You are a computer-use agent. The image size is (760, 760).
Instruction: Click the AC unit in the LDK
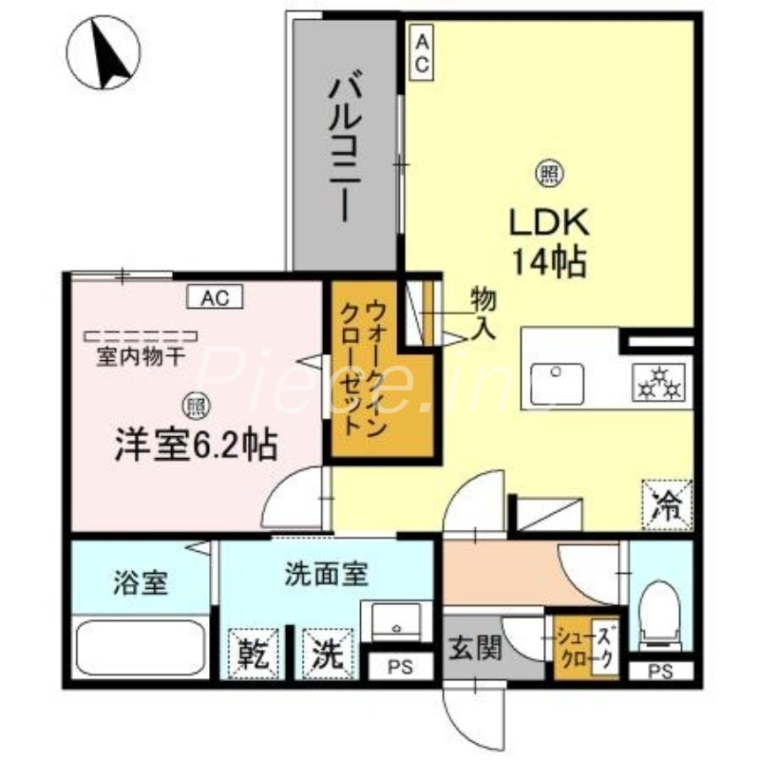point(421,54)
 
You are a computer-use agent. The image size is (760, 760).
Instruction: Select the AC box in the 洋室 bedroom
point(215,297)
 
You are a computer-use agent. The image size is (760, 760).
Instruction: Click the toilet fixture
point(657,617)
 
